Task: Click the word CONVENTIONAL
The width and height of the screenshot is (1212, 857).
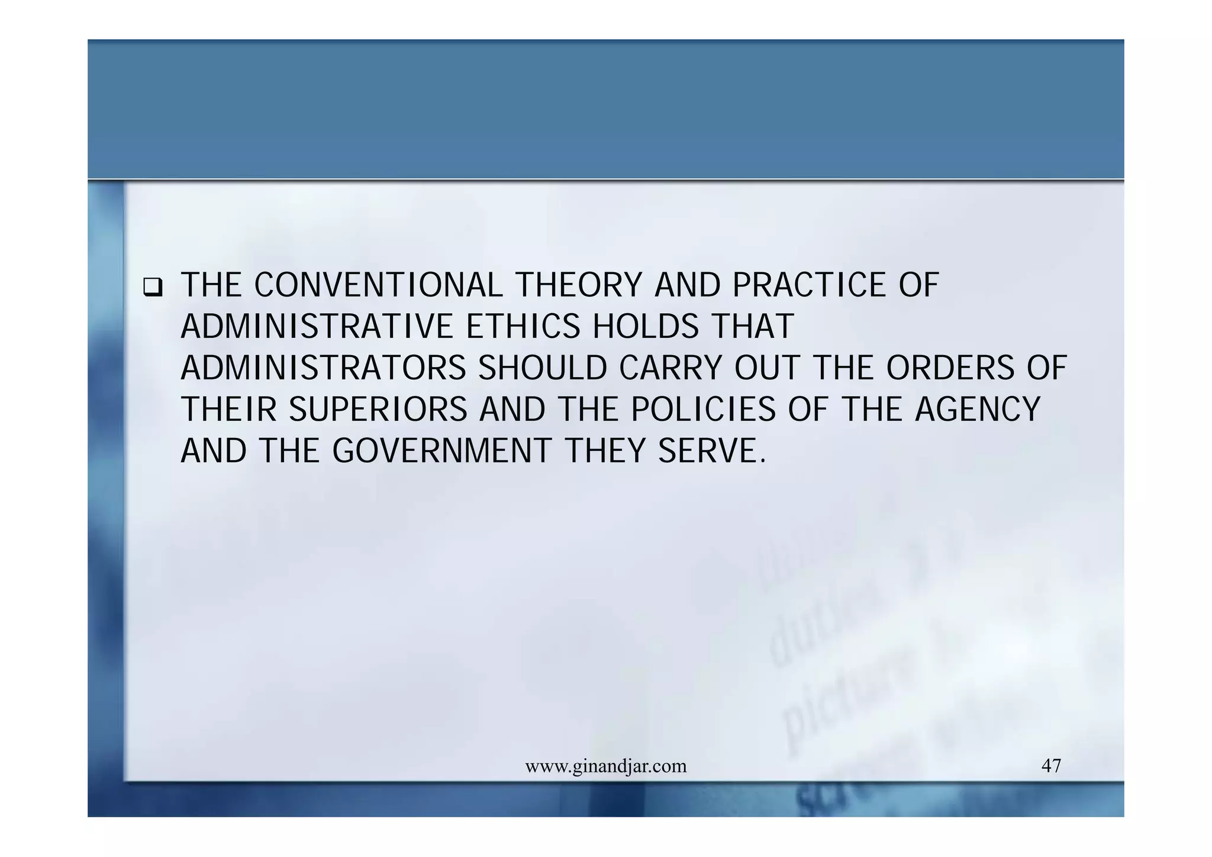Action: pyautogui.click(x=378, y=285)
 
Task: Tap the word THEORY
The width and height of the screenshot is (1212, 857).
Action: pyautogui.click(x=578, y=285)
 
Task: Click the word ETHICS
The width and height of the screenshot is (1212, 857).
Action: pyautogui.click(x=523, y=327)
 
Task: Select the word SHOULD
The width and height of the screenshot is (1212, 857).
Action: pyautogui.click(x=543, y=368)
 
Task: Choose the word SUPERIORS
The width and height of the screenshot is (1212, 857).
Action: pyautogui.click(x=378, y=410)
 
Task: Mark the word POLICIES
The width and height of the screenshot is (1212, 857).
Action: pyautogui.click(x=703, y=410)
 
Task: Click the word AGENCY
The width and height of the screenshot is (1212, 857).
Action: pyautogui.click(x=977, y=410)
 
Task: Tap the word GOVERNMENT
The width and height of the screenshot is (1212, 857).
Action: pyautogui.click(x=441, y=451)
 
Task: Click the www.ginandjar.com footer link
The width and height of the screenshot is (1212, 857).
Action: pyautogui.click(x=606, y=766)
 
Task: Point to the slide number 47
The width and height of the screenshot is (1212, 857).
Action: pyautogui.click(x=1051, y=766)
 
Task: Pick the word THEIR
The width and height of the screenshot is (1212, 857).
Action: pyautogui.click(x=228, y=410)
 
